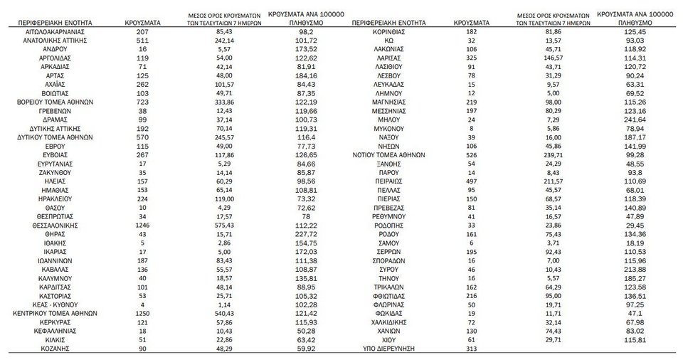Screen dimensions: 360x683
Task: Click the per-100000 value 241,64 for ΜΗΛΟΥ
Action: pos(635,120)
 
